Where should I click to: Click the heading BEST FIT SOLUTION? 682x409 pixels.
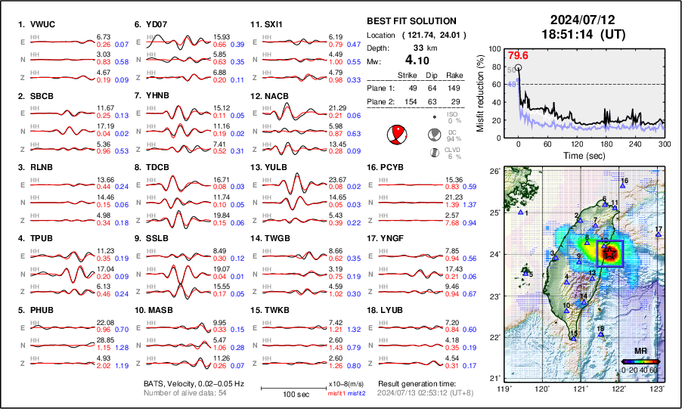click(411, 21)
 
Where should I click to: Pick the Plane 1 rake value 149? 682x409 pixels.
click(456, 88)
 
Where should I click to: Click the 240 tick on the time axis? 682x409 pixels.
click(635, 143)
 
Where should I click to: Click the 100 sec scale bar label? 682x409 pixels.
click(283, 395)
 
